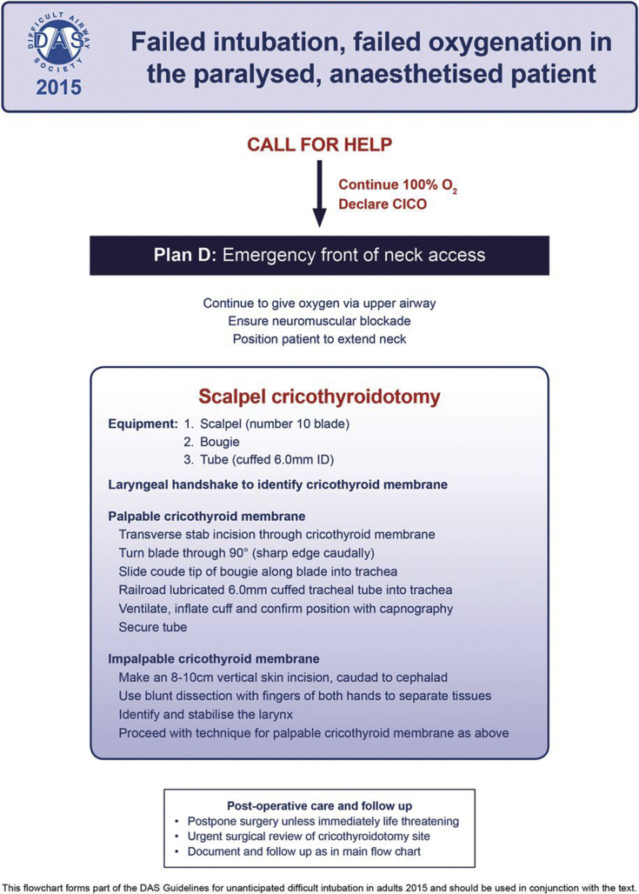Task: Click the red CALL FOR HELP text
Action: pyautogui.click(x=319, y=144)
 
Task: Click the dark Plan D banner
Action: pyautogui.click(x=319, y=256)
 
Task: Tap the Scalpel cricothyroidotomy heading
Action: pyautogui.click(x=319, y=397)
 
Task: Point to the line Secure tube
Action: pyautogui.click(x=151, y=626)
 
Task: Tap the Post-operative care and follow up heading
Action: pyautogui.click(x=319, y=804)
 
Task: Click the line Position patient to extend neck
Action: pyautogui.click(x=319, y=338)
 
